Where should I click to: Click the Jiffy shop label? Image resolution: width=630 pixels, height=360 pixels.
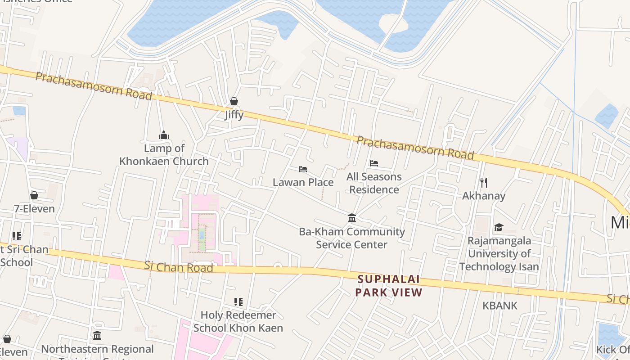[234, 115]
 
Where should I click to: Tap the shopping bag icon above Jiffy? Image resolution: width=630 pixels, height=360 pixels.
[234, 101]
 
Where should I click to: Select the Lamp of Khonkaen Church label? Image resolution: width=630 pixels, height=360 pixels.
[164, 154]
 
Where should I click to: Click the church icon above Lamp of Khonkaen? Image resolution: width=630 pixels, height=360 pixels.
[163, 135]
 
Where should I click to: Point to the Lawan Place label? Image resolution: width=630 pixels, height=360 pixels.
[303, 182]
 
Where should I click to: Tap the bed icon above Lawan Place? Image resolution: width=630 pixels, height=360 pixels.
[303, 169]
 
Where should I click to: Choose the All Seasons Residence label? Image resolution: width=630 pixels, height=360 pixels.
[374, 183]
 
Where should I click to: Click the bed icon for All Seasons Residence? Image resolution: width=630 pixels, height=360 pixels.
[374, 163]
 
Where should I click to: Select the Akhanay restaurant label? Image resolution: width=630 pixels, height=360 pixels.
[484, 196]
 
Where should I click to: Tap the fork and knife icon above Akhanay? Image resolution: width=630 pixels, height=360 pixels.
[484, 182]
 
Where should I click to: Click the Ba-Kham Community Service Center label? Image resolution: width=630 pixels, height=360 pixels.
[352, 238]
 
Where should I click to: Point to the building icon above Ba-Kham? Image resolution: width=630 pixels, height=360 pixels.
[352, 218]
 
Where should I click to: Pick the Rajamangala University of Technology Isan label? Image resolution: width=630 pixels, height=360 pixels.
[499, 253]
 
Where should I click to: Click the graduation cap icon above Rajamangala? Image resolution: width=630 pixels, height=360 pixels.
[499, 227]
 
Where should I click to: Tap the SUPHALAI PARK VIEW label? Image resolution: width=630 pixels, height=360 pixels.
[389, 286]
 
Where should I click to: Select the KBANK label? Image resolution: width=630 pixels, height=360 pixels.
[500, 306]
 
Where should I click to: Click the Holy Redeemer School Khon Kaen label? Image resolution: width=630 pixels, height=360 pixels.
[238, 321]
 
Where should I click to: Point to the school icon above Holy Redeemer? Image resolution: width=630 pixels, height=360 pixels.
[238, 301]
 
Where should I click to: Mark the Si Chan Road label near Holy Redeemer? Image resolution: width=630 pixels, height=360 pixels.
[179, 266]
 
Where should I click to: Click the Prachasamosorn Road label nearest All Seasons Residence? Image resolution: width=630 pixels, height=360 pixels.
[415, 148]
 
